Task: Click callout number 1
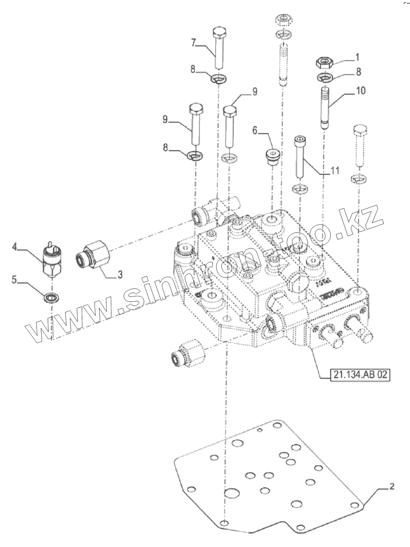coord(357,58)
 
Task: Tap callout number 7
coord(193,42)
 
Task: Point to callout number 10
coord(360,91)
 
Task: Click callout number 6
coord(255,130)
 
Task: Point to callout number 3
coord(120,274)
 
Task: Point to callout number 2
coord(392,486)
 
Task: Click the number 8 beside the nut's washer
coord(359,72)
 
